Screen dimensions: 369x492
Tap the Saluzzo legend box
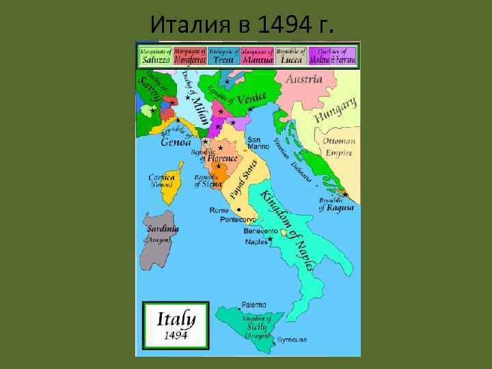click(x=155, y=56)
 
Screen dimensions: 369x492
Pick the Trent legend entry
click(x=223, y=56)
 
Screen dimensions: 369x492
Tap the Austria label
click(x=303, y=80)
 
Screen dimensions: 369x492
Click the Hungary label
click(x=336, y=111)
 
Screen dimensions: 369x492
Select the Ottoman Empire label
click(x=339, y=148)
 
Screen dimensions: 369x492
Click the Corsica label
click(x=162, y=178)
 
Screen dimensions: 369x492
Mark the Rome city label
click(x=219, y=210)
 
